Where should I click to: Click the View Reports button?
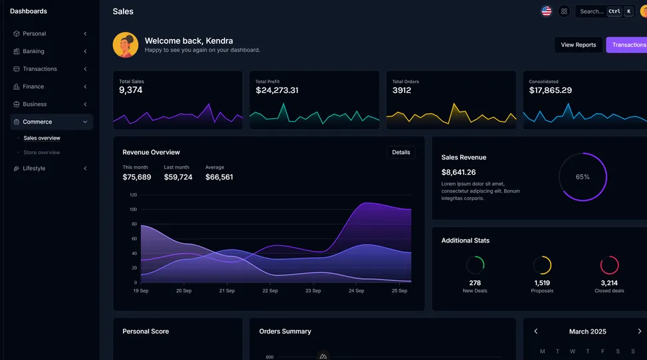coord(578,45)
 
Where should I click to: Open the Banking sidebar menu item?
coord(33,51)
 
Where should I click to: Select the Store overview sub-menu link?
coord(41,153)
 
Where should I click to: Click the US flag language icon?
coord(546,11)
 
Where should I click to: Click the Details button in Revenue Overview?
coord(401,153)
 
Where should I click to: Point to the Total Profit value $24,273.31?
coord(277,90)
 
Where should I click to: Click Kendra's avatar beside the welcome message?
coord(126,45)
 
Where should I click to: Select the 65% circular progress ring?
coord(583,177)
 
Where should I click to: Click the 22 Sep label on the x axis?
coord(270,291)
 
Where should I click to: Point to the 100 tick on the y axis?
coord(133,209)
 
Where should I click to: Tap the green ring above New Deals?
coord(475,265)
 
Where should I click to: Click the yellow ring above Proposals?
coord(542,265)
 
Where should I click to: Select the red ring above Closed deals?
coord(609,265)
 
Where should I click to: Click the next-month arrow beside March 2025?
coord(639,331)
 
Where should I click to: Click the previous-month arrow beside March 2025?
coord(536,331)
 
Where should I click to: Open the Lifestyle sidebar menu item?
coord(34,169)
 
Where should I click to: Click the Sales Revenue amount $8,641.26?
coord(458,172)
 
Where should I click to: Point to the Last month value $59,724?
coord(178,177)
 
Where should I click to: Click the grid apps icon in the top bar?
coord(564,11)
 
